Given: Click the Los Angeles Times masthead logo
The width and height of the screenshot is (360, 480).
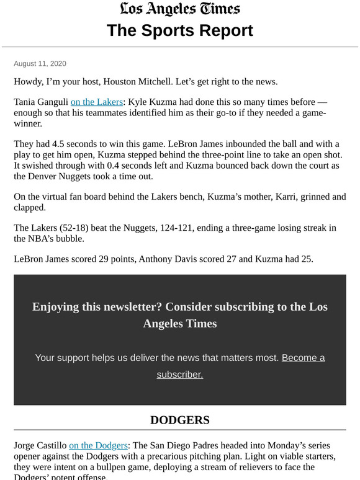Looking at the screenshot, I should point(180,9).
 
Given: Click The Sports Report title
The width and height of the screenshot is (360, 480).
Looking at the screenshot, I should point(180,30).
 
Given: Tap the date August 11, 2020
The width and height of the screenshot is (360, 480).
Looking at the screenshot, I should point(40,64).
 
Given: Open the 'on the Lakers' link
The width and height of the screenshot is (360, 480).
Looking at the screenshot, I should point(96,102).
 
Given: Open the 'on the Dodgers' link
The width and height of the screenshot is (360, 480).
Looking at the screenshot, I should point(98,445).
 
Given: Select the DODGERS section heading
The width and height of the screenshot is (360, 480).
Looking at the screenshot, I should point(180,420).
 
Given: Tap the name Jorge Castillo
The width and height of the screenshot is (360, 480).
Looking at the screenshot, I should point(40,445).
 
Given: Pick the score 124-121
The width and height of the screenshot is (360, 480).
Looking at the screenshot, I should point(183,228).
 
